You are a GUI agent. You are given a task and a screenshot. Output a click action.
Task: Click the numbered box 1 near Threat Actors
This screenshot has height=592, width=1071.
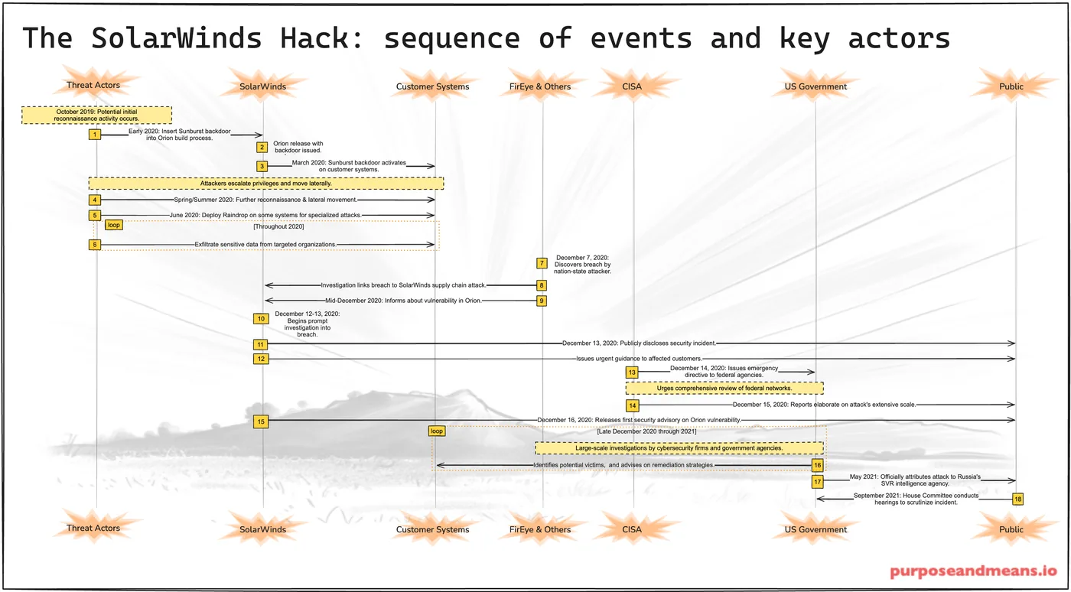[95, 135]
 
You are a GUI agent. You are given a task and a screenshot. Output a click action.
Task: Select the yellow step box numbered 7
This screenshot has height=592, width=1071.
[542, 263]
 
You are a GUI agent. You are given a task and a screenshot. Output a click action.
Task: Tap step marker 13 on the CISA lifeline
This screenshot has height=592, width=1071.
[632, 372]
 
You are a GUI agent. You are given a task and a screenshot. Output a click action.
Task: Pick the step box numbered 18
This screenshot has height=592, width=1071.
[1017, 499]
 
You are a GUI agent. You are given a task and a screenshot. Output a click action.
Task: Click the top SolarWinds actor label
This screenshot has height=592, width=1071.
[262, 86]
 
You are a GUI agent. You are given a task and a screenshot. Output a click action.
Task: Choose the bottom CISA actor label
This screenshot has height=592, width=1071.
[632, 529]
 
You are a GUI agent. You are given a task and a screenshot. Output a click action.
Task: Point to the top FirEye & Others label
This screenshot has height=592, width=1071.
[540, 86]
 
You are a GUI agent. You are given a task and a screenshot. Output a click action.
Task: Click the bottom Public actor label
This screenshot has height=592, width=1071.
[1011, 529]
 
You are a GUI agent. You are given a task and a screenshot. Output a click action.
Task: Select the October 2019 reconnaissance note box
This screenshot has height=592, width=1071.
[96, 115]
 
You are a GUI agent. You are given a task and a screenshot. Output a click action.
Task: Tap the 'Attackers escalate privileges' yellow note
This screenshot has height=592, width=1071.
[266, 184]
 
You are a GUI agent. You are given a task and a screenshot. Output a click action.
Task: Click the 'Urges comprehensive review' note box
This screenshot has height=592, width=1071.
[724, 389]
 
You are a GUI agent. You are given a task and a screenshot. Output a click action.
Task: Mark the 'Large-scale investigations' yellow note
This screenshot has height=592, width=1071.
[679, 448]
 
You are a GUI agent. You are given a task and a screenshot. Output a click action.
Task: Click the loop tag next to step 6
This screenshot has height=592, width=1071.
[114, 225]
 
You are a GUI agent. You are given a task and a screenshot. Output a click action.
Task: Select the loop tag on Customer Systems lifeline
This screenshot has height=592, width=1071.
[436, 431]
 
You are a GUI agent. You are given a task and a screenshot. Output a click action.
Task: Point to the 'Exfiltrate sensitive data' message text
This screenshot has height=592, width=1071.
[265, 244]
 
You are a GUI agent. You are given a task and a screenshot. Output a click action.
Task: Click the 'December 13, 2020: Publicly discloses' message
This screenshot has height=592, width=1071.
[639, 343]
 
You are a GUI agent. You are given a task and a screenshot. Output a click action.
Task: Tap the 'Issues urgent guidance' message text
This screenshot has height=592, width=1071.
[639, 358]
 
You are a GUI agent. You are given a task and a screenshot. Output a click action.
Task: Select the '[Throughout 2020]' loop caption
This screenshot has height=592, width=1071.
[278, 226]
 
